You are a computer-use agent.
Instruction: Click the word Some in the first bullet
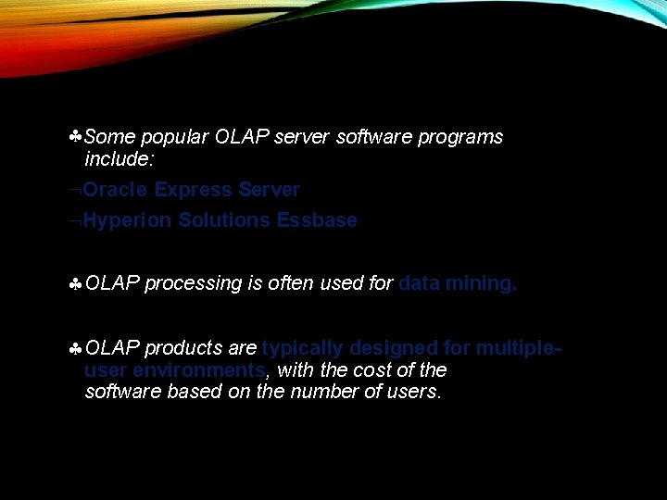[x=109, y=137]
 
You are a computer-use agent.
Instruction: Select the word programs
[x=459, y=137]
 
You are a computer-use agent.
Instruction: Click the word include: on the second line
[x=120, y=159]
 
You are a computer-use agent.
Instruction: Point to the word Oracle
[x=116, y=190]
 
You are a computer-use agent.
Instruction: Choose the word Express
[x=193, y=190]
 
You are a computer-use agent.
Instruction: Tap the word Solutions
[x=223, y=220]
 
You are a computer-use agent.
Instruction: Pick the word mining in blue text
[x=479, y=283]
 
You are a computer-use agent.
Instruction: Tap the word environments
[x=200, y=369]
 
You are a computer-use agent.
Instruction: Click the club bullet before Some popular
[x=75, y=137]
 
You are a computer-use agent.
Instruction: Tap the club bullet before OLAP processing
[x=75, y=284]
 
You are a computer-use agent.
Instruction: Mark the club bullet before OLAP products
[x=75, y=349]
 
